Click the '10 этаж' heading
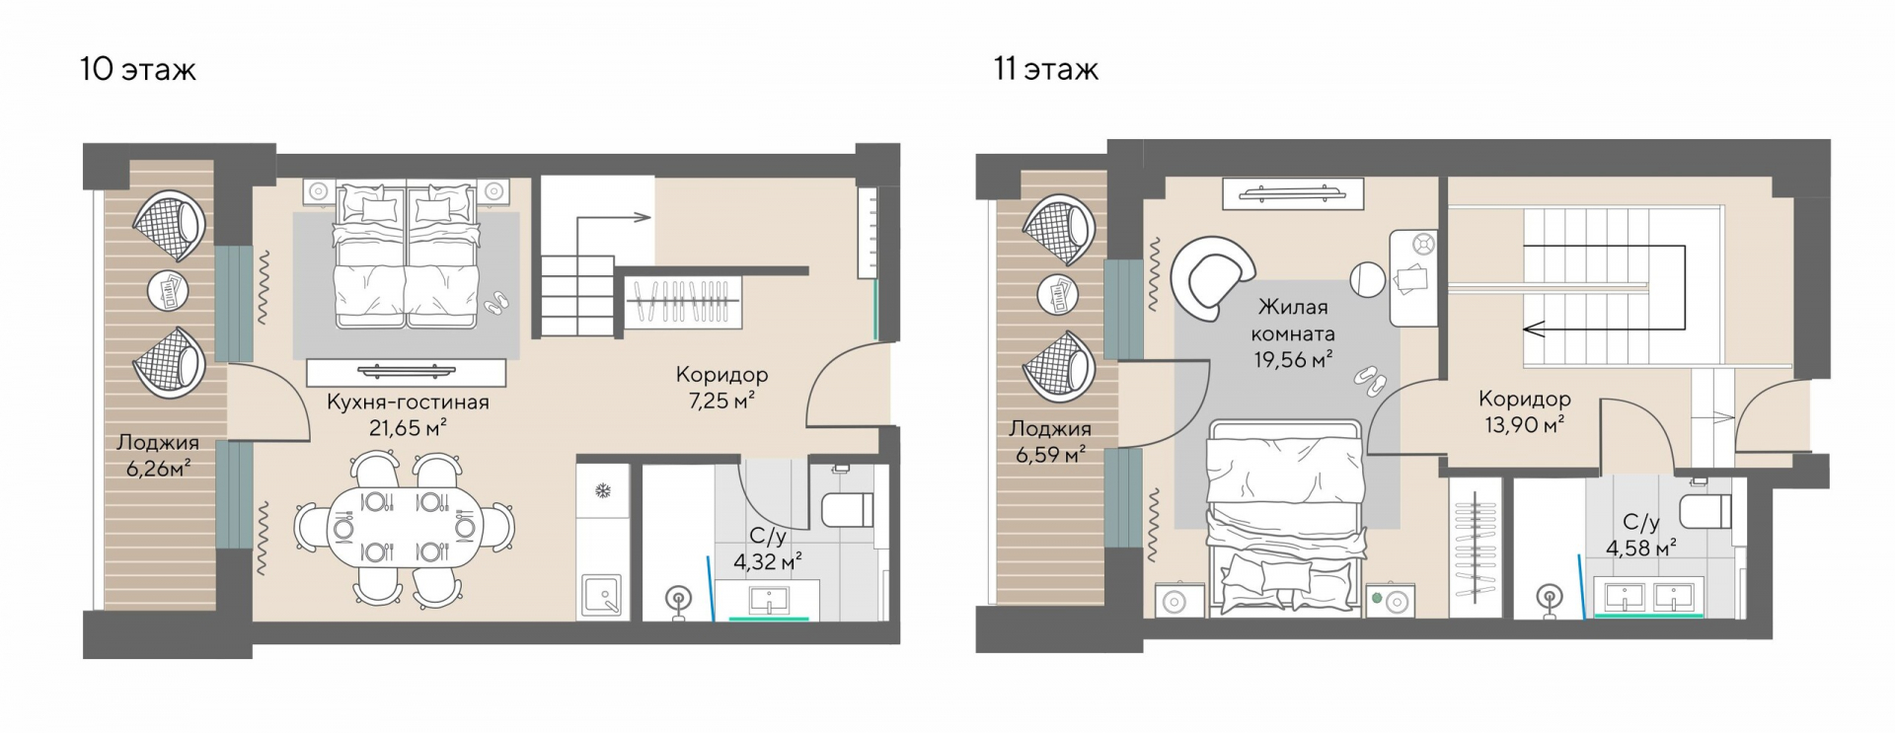coord(138,69)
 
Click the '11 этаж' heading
coord(1046,69)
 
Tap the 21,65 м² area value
coord(407,428)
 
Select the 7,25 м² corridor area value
coord(721,401)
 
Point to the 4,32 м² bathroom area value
coord(767,562)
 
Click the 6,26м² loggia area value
coord(158,468)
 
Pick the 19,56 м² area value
coord(1294,360)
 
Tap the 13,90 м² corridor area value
coord(1525,425)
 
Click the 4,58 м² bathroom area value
coord(1641,548)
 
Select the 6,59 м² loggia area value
coord(1051,455)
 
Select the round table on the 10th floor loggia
coord(168,290)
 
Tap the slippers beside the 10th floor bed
coord(496,302)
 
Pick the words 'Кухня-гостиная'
coord(408,403)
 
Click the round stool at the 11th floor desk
coord(1368,278)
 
